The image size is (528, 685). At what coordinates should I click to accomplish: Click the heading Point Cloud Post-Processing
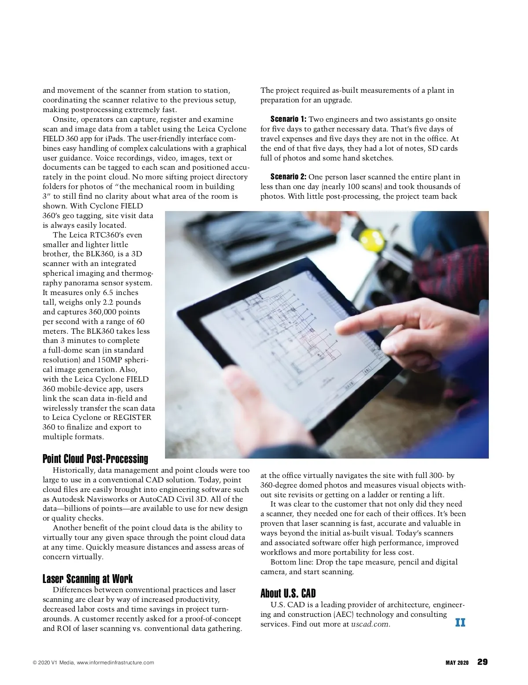point(95,459)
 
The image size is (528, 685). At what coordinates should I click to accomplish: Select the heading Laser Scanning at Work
point(88,579)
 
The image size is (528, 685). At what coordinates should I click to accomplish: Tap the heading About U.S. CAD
point(288,594)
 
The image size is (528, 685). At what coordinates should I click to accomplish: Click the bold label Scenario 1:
point(288,119)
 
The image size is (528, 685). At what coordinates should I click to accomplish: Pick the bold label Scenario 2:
point(288,177)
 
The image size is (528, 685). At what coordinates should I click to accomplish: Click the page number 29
point(482,662)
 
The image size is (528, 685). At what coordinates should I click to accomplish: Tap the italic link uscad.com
point(370,624)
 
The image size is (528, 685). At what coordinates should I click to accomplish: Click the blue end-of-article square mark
point(460,623)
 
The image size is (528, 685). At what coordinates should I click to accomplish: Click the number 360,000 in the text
point(101,312)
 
